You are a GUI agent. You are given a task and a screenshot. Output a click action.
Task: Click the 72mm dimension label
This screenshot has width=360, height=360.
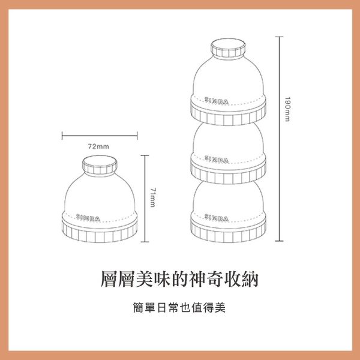[98, 146]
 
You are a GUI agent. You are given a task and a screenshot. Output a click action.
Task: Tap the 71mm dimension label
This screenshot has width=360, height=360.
[154, 198]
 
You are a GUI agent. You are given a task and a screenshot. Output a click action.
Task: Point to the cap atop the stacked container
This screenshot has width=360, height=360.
[227, 49]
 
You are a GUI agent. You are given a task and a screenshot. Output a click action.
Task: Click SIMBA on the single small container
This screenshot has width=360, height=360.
[88, 217]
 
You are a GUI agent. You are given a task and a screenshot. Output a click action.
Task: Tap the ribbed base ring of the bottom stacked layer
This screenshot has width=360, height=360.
[227, 231]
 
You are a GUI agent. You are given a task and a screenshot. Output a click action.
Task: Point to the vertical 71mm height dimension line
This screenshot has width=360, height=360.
[145, 198]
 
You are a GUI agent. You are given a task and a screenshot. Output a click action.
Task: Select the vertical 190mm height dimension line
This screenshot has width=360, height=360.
[279, 138]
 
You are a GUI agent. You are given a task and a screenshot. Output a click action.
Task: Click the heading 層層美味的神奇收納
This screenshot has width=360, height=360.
[180, 279]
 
